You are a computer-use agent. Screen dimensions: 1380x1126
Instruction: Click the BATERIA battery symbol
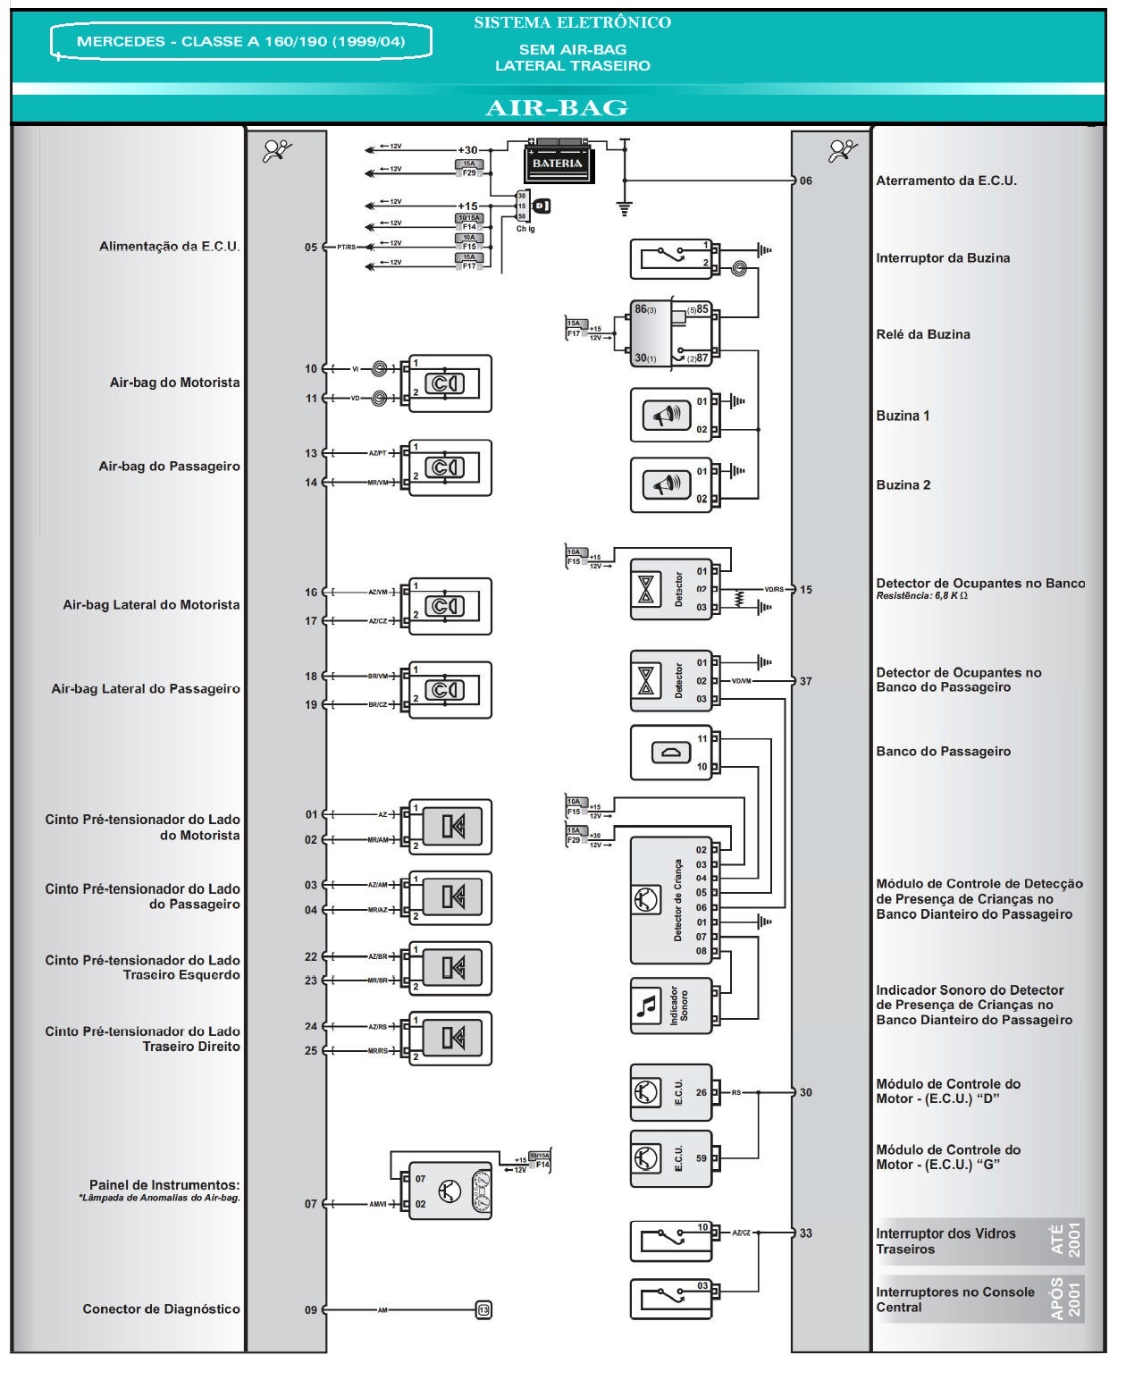tap(558, 163)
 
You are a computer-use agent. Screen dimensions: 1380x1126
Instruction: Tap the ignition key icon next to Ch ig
tap(542, 206)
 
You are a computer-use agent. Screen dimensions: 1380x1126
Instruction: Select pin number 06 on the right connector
tap(806, 181)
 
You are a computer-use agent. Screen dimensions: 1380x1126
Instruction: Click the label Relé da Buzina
tap(922, 334)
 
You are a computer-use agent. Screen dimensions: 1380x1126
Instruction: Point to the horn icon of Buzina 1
tap(667, 416)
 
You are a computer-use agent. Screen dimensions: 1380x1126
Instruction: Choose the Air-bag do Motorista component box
tap(450, 383)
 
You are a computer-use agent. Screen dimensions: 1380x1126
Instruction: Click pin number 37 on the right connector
tap(806, 681)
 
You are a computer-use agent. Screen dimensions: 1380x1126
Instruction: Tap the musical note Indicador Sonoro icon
tap(645, 1006)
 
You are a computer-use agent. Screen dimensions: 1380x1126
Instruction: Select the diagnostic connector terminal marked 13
tap(483, 1309)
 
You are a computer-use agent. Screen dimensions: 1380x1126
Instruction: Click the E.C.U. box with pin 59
tap(671, 1158)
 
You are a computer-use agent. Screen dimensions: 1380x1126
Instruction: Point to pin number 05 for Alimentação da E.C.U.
tap(310, 248)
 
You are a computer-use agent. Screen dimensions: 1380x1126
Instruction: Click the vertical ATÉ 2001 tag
tap(1066, 1241)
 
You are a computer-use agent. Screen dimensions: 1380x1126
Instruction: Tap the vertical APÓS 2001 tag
tap(1066, 1299)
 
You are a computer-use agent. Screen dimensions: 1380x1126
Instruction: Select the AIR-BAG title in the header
tap(556, 108)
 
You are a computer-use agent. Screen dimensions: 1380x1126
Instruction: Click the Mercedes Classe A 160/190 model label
tap(240, 42)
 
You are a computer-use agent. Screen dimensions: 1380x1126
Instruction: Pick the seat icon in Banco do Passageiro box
tap(672, 753)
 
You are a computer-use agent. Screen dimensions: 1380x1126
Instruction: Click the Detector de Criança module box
tap(671, 900)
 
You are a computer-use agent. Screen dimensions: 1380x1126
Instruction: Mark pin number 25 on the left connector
tap(310, 1050)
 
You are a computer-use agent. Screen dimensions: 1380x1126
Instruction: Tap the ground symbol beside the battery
tap(625, 209)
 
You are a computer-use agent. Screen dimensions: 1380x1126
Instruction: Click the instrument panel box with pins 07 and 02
tap(450, 1191)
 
